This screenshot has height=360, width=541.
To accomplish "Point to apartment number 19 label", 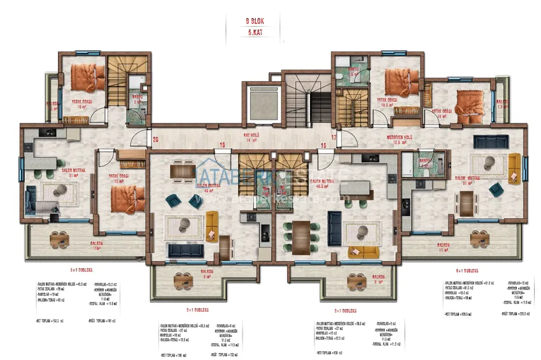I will pos(223,145).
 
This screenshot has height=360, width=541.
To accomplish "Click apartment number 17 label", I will pos(333,136).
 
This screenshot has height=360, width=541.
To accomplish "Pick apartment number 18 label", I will pos(323,146).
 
